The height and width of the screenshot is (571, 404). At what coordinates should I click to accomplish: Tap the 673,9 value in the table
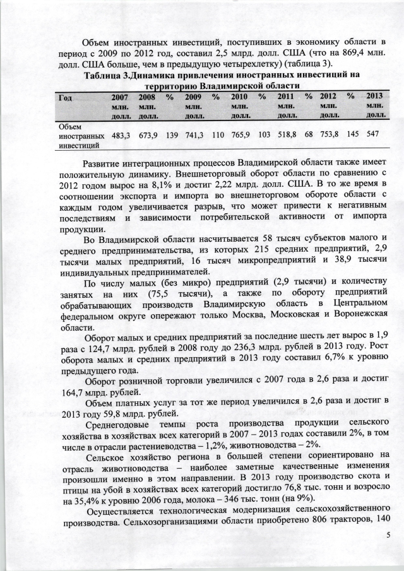point(148,136)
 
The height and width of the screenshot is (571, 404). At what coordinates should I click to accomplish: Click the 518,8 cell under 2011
point(287,136)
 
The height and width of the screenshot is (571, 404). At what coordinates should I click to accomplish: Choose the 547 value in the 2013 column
point(373,136)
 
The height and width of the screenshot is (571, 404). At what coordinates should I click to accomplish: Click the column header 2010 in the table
point(239,97)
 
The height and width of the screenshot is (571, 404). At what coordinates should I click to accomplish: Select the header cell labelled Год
point(64,97)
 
